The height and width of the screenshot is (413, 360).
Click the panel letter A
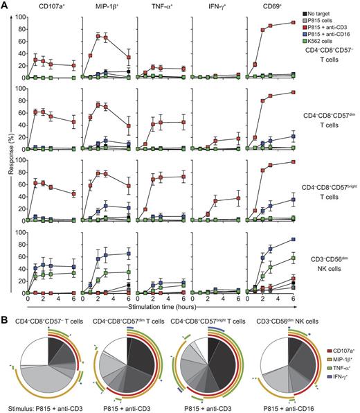click(6, 6)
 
